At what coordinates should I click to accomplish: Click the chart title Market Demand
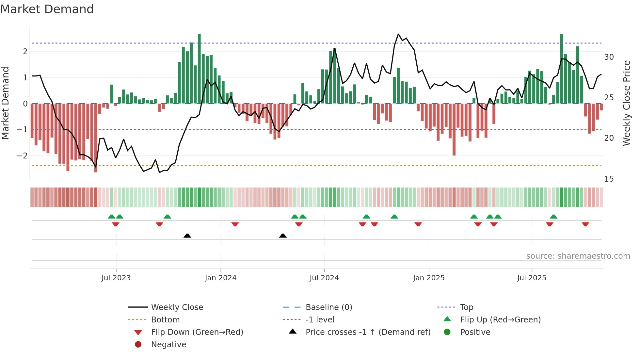47,9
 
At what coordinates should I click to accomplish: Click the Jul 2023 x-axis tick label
116,278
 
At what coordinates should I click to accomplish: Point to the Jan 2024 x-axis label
220,278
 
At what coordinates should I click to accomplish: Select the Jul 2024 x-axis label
324,278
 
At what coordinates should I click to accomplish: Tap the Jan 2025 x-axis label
428,278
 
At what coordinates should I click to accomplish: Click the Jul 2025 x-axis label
532,278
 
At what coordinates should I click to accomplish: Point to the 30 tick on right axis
609,57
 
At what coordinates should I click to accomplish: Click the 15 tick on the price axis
609,179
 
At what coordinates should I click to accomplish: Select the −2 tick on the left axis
22,156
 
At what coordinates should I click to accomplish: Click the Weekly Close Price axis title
626,103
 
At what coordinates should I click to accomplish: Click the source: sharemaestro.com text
578,256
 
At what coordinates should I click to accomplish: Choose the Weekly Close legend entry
177,307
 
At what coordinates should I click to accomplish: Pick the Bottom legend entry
165,320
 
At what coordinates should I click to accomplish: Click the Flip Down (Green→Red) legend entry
197,332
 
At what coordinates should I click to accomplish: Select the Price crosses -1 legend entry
368,332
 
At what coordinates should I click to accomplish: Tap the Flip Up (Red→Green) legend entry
500,320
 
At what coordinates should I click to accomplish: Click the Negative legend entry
168,345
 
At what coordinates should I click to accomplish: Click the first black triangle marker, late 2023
187,236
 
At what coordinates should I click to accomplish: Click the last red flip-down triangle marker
585,224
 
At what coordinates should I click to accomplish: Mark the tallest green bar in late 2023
199,69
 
